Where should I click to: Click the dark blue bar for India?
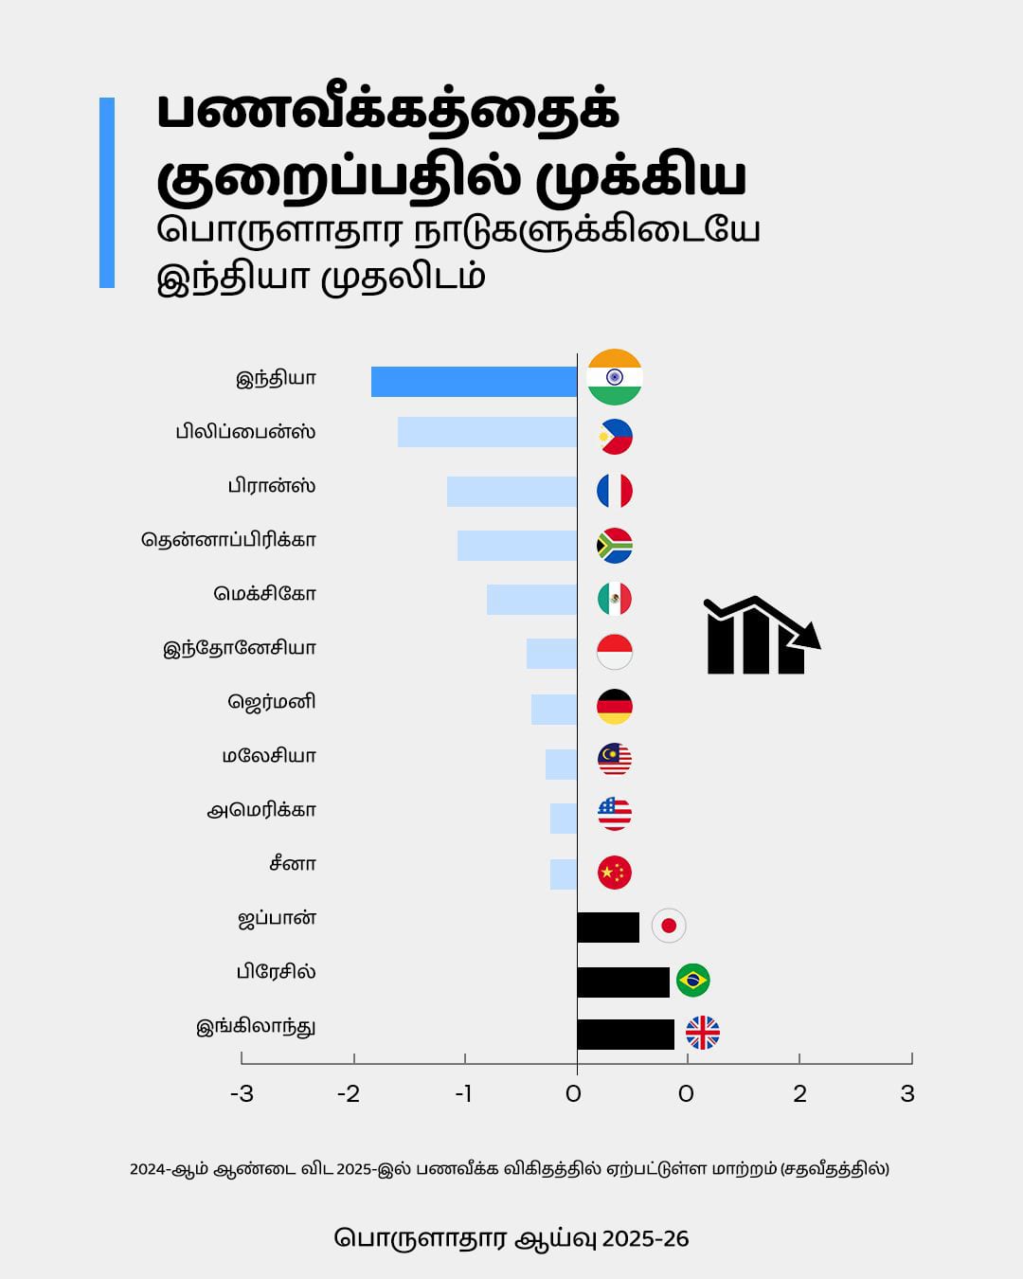point(474,382)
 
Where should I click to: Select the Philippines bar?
point(487,432)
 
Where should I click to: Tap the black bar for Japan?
point(608,927)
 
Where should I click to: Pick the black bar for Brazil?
point(623,982)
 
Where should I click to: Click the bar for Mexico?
point(531,600)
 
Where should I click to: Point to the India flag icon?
point(615,377)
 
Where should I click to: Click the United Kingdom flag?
point(702,1033)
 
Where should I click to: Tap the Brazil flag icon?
point(693,980)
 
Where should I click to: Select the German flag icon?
point(615,707)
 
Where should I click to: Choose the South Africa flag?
point(615,545)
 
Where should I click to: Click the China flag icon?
point(615,872)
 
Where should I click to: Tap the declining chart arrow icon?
point(761,636)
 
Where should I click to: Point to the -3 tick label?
point(242,1094)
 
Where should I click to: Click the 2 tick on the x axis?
point(799,1094)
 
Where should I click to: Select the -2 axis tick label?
point(349,1094)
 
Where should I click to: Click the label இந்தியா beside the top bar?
point(276,379)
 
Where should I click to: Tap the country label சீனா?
point(293,864)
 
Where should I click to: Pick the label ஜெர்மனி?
point(272,702)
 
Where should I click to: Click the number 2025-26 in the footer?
point(645,1239)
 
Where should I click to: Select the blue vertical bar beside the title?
point(107,192)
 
